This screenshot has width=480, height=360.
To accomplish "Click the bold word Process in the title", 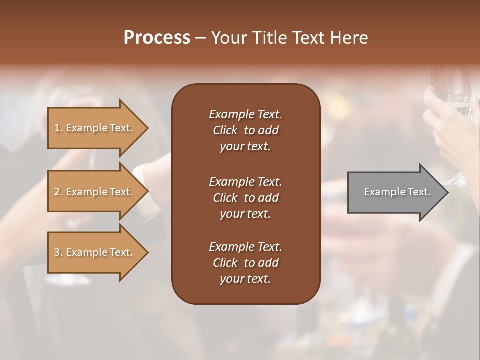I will point(157,38).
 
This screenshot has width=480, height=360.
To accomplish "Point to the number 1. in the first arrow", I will point(58,128).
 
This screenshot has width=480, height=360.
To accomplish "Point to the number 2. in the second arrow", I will point(58,192).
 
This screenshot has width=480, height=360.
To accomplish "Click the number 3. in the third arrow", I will point(58,252).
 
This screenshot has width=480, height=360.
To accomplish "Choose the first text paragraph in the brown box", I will point(245,130).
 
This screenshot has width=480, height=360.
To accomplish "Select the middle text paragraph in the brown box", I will point(245,198).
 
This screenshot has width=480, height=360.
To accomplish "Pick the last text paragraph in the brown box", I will point(245,263).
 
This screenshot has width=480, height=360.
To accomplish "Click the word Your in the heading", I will point(228,38).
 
